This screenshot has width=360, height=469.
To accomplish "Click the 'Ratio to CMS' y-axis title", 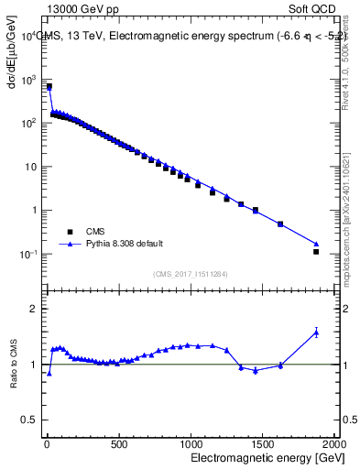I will coord(14,365).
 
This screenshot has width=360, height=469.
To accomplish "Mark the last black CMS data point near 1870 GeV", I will coord(316,251).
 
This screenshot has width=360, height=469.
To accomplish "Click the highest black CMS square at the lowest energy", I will coord(49,87).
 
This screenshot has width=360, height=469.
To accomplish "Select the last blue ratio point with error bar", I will coord(316,332).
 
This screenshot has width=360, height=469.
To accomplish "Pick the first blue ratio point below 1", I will coord(49,373).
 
